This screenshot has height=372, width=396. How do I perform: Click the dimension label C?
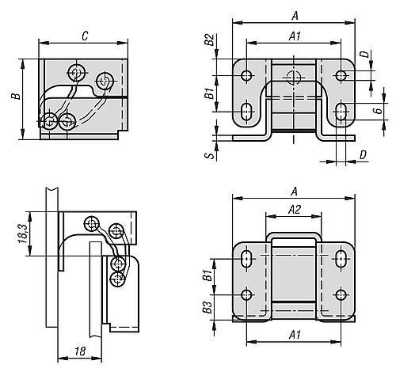click(85, 36)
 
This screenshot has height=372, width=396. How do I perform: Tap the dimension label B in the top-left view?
click(16, 96)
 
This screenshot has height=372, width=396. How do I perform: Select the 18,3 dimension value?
click(23, 233)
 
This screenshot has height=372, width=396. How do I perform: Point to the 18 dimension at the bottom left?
click(79, 351)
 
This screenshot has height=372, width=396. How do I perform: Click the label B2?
click(210, 40)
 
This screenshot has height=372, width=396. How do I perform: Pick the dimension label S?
click(211, 155)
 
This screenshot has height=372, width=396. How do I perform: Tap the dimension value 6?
click(379, 110)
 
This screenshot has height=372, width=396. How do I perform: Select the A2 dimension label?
click(295, 210)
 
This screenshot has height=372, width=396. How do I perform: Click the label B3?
click(208, 307)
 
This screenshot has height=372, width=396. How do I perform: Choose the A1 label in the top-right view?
click(295, 36)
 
